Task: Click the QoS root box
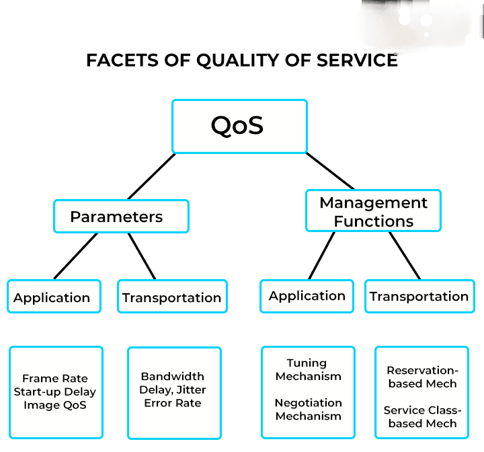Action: tap(239, 126)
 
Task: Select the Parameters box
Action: tap(121, 217)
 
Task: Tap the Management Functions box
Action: tap(373, 211)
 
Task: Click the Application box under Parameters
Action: tap(54, 296)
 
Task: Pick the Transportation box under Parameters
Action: tap(172, 296)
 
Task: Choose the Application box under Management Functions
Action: tap(307, 296)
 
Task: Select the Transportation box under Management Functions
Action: tap(419, 296)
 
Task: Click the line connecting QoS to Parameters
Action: tap(151, 176)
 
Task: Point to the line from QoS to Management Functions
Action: tap(330, 171)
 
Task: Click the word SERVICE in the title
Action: tap(357, 60)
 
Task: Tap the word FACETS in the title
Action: tap(122, 60)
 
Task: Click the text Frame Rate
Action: tap(55, 378)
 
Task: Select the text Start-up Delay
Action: tap(55, 391)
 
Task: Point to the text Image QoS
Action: tap(55, 405)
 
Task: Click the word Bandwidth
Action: tap(173, 376)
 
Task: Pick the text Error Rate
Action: tap(173, 403)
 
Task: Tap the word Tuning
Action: tap(307, 363)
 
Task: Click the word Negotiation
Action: tap(309, 403)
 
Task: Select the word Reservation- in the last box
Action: tap(423, 370)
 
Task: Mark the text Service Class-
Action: tap(423, 410)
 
